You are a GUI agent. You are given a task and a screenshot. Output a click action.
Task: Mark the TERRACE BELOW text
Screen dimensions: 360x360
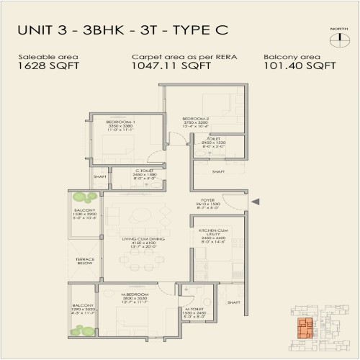pos(85,263)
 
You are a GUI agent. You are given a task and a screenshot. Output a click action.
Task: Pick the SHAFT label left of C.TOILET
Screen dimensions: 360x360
pos(100,176)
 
